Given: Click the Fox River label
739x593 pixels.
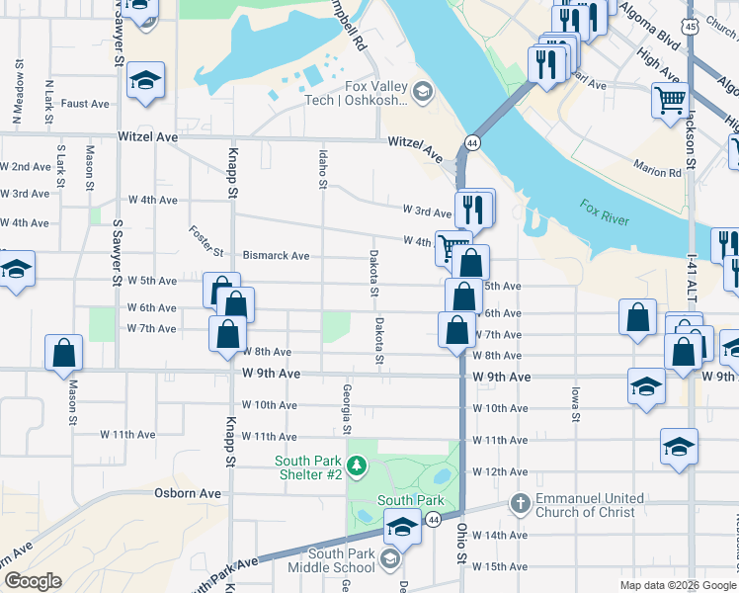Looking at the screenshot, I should point(605,212).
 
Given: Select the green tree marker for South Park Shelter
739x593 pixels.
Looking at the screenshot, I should point(358,465).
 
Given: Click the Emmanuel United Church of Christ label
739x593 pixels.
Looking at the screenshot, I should point(589,505).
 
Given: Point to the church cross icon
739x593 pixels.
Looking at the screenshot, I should point(521,504).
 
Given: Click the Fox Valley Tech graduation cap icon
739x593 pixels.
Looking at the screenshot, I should point(423,92).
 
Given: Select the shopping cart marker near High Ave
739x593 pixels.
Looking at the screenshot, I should point(670,101).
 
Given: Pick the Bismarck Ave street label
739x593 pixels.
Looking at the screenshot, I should point(276,256).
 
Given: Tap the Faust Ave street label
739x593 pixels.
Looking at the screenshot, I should point(85,104).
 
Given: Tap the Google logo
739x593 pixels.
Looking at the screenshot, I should point(32,581).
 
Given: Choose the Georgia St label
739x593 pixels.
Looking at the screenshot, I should point(347,409).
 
